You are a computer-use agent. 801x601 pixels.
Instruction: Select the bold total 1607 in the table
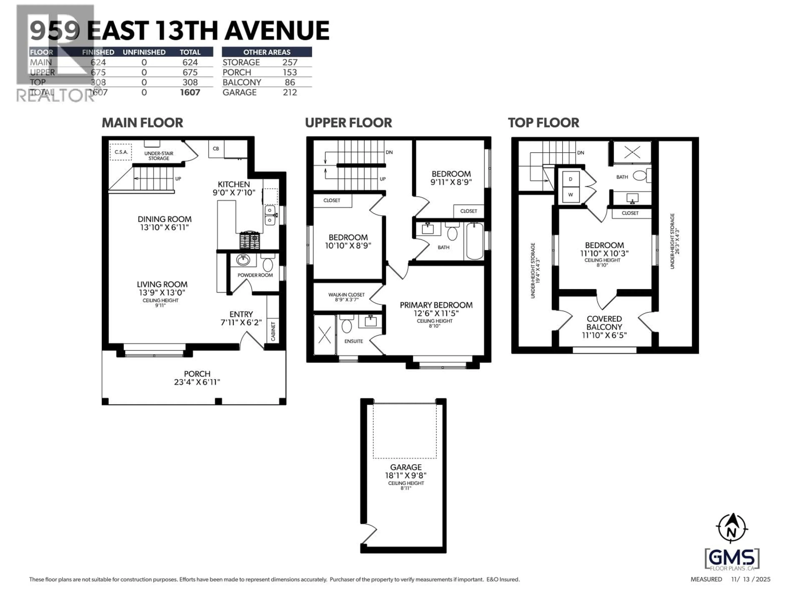click(x=190, y=92)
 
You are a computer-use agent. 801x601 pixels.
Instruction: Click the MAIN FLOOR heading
click(x=142, y=123)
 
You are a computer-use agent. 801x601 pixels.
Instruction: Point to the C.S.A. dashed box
click(x=121, y=152)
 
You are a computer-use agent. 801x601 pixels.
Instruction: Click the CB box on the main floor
click(x=216, y=149)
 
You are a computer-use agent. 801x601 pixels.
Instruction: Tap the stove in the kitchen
click(x=249, y=240)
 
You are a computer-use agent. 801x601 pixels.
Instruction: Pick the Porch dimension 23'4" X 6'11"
click(x=197, y=382)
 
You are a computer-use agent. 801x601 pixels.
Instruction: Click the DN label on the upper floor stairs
click(x=389, y=152)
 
